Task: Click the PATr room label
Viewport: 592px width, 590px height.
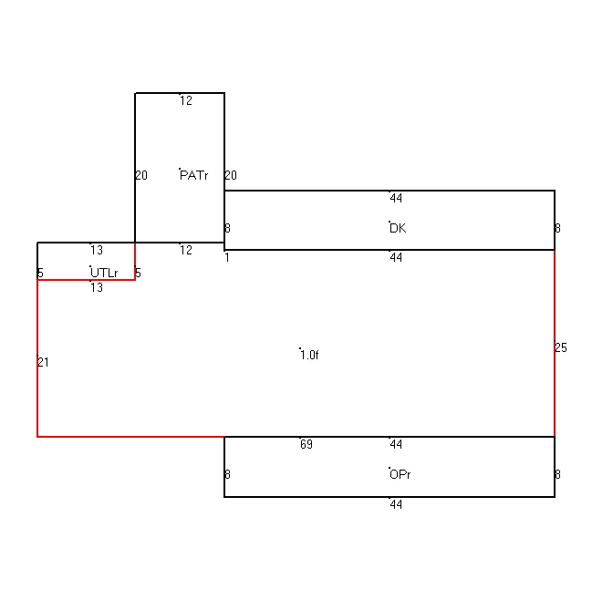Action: point(193,175)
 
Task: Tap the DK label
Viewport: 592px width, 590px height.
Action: point(398,228)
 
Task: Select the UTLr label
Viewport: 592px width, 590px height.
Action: point(104,273)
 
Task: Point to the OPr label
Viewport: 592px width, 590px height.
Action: point(400,474)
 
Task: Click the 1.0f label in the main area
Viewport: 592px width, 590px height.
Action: point(309,356)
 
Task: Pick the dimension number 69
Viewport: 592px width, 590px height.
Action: point(306,444)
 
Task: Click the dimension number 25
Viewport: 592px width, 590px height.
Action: point(561,347)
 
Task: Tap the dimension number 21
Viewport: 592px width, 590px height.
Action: point(44,362)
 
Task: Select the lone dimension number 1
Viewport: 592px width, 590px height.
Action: point(227,257)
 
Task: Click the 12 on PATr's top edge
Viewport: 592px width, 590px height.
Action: point(186,101)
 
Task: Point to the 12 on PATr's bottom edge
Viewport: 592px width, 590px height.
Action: point(186,250)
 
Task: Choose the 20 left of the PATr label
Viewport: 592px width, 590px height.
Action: point(141,175)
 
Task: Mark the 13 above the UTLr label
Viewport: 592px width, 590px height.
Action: point(97,250)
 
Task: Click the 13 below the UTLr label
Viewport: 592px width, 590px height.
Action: point(97,287)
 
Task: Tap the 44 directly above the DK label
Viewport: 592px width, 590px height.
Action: point(396,198)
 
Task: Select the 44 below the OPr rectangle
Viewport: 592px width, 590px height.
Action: point(396,504)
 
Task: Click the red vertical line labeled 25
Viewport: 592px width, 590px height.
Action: point(555,343)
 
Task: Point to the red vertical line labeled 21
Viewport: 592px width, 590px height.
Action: point(37,358)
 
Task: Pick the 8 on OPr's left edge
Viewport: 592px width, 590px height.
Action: point(227,474)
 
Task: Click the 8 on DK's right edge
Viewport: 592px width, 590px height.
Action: point(557,228)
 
